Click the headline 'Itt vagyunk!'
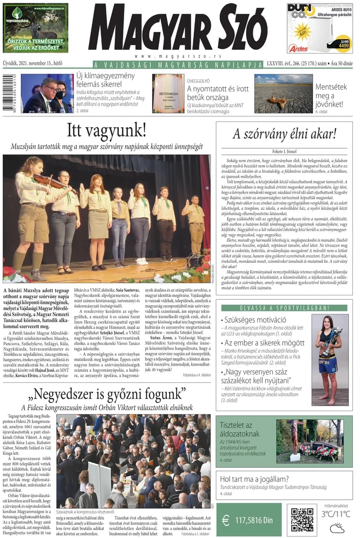[107, 131]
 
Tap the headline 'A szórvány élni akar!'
[284, 134]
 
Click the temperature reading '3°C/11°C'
[335, 514]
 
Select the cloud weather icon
[337, 527]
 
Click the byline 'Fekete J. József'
[284, 152]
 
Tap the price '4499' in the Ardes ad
[343, 45]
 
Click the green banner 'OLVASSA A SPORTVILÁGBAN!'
[284, 308]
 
